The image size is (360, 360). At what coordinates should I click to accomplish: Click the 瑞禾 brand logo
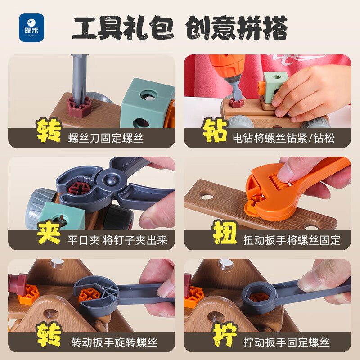coord(31,27)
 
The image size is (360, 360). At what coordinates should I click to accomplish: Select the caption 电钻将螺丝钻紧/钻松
coord(283,138)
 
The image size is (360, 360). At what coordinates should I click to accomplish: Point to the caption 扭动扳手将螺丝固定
coord(292,240)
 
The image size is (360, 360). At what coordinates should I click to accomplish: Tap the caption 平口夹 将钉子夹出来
coord(118,240)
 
